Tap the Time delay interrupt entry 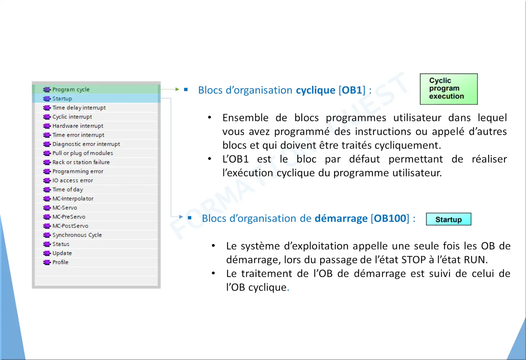pos(79,108)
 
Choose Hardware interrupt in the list pos(78,126)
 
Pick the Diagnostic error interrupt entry pos(86,144)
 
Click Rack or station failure pos(81,162)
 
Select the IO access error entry pos(73,181)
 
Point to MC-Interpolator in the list pos(73,199)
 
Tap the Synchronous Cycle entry pos(77,235)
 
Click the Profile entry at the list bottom pos(60,262)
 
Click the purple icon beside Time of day pos(47,189)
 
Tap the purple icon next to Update pos(47,253)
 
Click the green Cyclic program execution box pos(449,89)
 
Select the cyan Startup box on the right pos(449,219)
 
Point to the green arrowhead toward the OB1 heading pos(177,89)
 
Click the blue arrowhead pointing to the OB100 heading pos(181,216)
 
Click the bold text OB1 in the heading pos(352,90)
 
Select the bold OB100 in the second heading pos(390,218)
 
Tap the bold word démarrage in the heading pos(341,218)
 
